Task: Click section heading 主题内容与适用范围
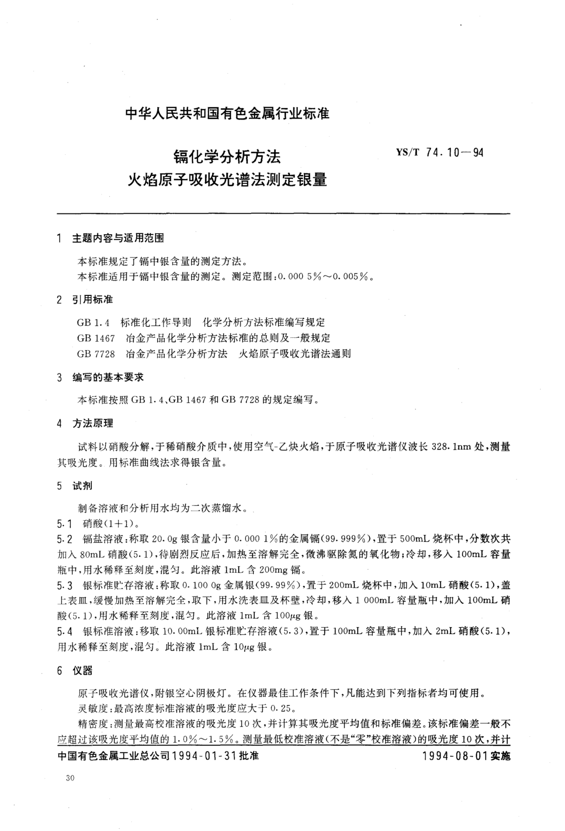pos(118,238)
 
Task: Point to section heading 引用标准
pos(93,300)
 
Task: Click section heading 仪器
pos(83,671)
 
